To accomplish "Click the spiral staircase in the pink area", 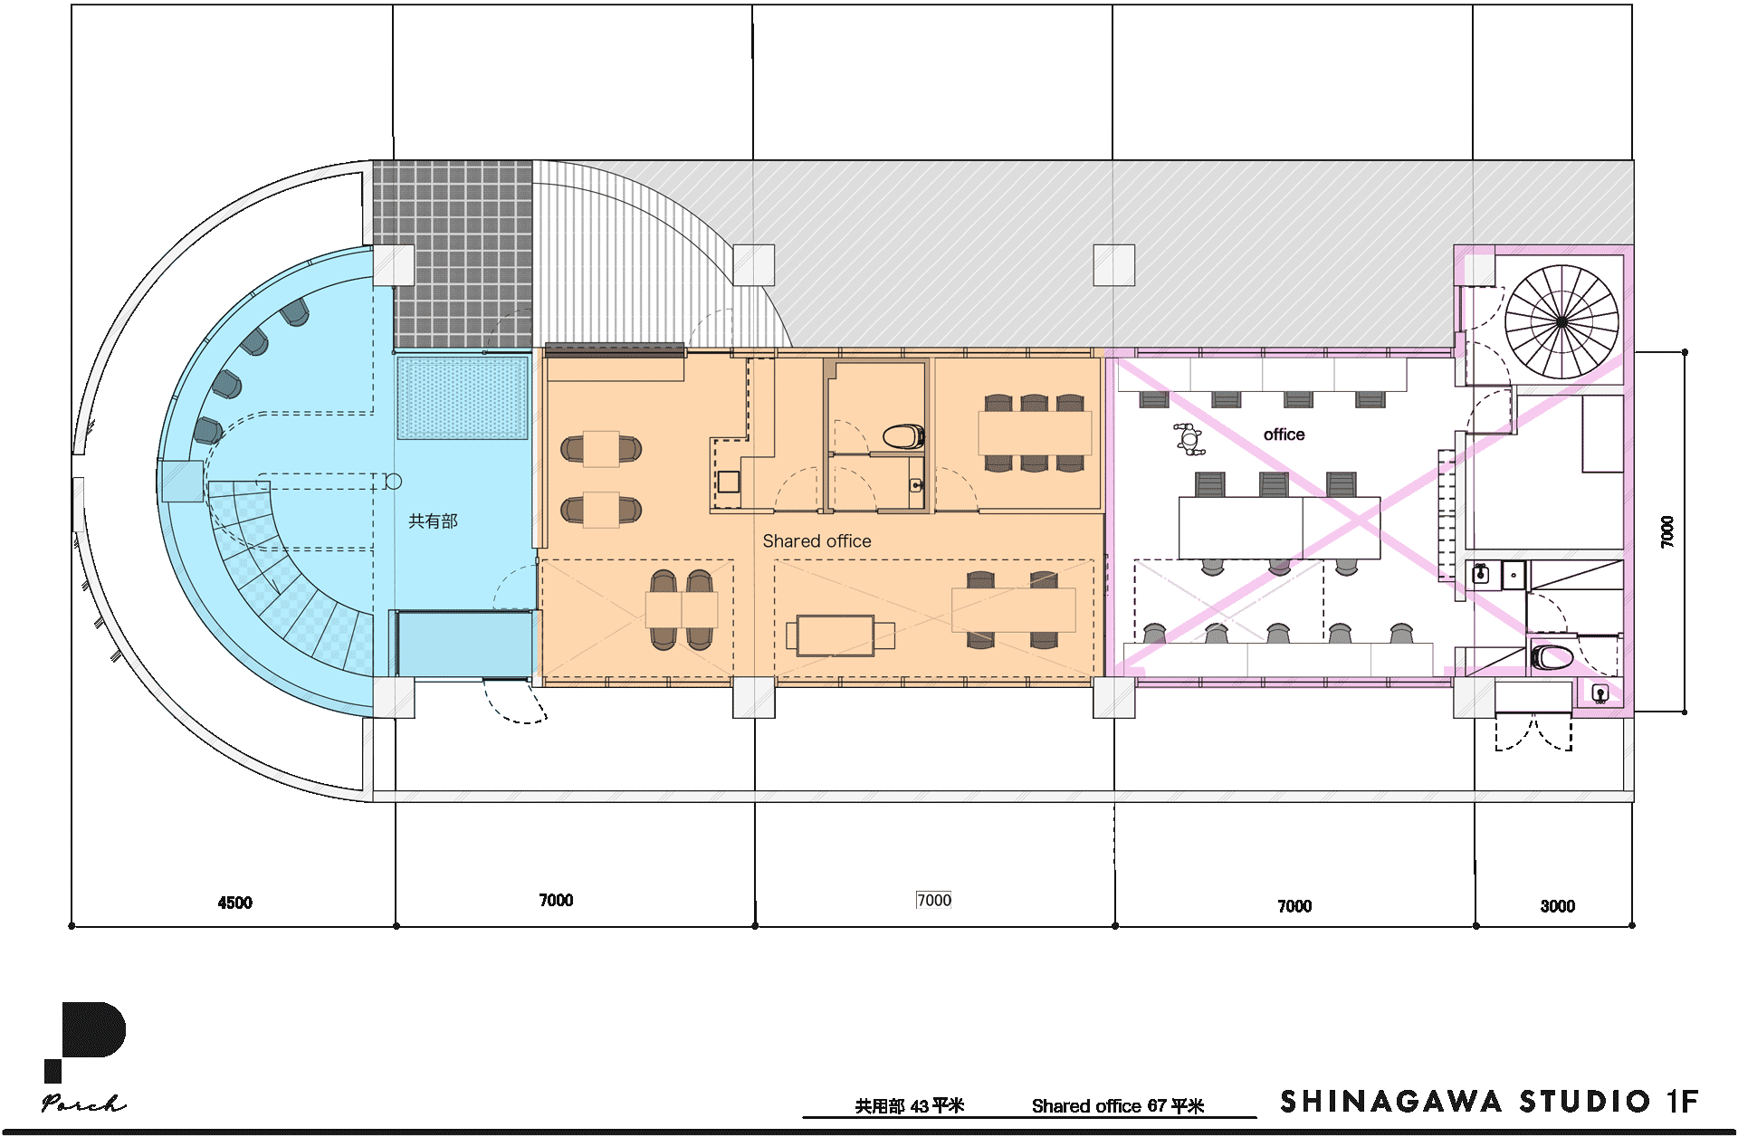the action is (x=1561, y=321).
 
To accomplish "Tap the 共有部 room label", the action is (x=433, y=521).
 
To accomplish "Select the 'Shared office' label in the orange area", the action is (x=816, y=541).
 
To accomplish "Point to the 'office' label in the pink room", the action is (x=1284, y=435).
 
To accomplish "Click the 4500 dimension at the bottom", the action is (x=234, y=903).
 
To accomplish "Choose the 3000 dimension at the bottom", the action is (x=1557, y=906).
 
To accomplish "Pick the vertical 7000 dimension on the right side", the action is (x=1667, y=531).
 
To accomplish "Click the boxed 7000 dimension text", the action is (x=934, y=900).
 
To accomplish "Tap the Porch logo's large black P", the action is (x=86, y=1037).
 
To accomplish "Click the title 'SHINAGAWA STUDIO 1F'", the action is (x=1489, y=1102).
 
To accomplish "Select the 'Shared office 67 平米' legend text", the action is (x=1118, y=1106).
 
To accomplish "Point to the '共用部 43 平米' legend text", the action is (x=910, y=1106).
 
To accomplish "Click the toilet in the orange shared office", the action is (x=903, y=437).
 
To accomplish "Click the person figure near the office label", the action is (x=1189, y=439).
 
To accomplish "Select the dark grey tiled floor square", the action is (x=453, y=254).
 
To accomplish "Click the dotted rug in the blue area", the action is (x=462, y=398).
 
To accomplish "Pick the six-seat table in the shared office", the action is (x=1035, y=434).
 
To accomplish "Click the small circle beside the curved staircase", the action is (x=393, y=482).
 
